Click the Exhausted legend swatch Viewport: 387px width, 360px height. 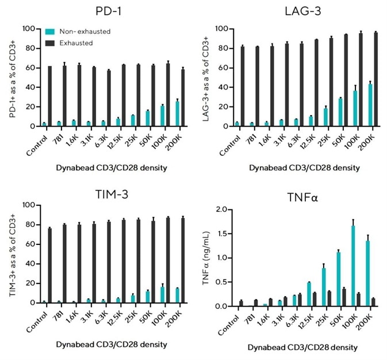coord(50,43)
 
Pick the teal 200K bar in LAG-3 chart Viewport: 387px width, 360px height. coord(370,105)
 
